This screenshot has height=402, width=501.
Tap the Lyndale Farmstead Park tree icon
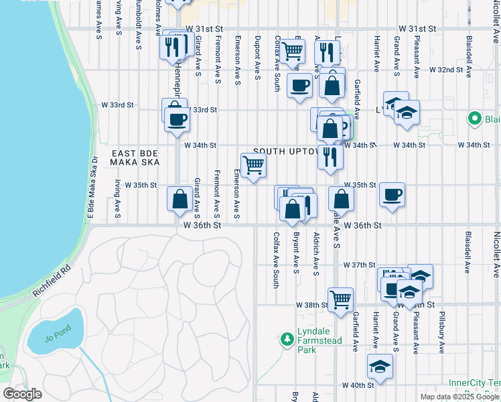(x=287, y=338)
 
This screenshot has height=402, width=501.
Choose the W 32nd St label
(x=446, y=70)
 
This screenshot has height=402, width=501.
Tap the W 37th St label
(x=359, y=265)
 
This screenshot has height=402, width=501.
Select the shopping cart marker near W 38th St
(x=340, y=299)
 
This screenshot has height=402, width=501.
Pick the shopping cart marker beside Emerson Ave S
(x=253, y=164)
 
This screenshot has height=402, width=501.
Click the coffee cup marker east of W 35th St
(x=392, y=195)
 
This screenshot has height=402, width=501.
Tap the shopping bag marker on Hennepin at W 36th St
(x=180, y=200)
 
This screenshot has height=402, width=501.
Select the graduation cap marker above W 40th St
(x=380, y=366)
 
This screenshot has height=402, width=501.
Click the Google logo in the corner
(x=22, y=394)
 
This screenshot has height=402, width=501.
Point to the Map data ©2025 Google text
(x=459, y=397)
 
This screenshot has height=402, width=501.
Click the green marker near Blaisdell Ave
(x=475, y=119)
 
